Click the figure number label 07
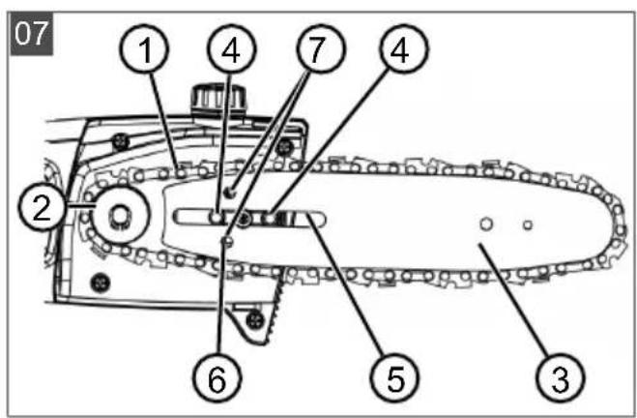(x=31, y=34)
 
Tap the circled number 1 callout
(x=144, y=48)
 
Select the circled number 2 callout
(x=42, y=208)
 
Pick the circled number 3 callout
(x=561, y=377)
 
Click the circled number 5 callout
(x=394, y=377)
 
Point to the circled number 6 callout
(x=217, y=377)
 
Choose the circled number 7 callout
(x=321, y=48)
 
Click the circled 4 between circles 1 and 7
(x=232, y=48)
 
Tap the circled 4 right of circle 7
(x=404, y=48)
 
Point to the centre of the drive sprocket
(x=120, y=216)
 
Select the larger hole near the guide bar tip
(x=486, y=224)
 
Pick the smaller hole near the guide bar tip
(x=528, y=224)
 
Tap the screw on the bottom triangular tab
(x=255, y=320)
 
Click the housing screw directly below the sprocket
(x=101, y=283)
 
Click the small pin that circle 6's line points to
(x=227, y=242)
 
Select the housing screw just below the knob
(x=285, y=146)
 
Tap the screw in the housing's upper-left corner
(x=121, y=141)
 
